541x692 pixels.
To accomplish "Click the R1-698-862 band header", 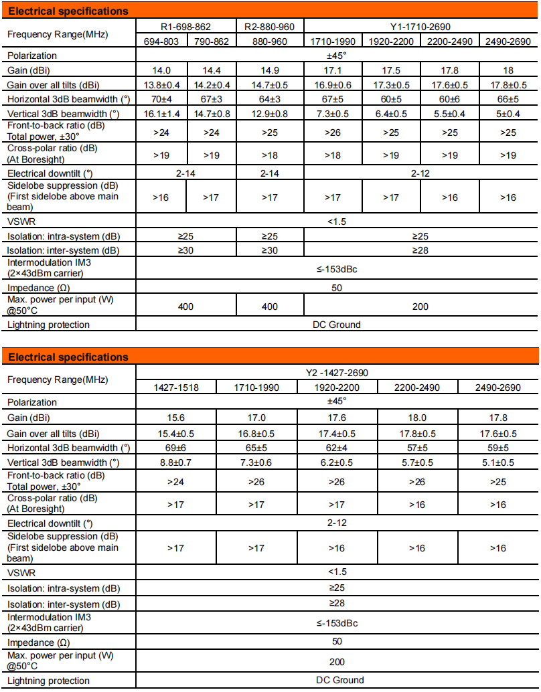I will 186,27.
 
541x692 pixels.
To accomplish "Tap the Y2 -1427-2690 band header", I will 337,373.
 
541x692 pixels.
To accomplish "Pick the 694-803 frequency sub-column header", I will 161,41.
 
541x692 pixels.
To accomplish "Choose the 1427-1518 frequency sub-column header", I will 176,387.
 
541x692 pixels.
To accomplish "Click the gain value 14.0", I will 161,70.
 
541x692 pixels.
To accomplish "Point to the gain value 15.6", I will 176,418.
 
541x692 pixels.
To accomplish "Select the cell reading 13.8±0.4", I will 161,85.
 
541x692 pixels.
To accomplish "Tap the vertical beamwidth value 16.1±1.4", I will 161,114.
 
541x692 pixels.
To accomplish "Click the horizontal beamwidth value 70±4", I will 161,99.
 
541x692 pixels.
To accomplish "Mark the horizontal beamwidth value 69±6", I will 176,447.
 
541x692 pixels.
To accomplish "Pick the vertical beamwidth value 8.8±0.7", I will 176,462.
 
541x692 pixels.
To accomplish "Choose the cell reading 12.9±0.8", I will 270,114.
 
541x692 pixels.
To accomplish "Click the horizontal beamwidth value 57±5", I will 418,447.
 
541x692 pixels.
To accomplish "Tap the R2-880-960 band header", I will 270,27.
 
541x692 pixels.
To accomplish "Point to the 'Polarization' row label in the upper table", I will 32,56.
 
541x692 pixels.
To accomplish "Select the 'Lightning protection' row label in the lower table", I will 48,681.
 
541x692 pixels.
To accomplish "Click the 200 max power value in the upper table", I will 420,307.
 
